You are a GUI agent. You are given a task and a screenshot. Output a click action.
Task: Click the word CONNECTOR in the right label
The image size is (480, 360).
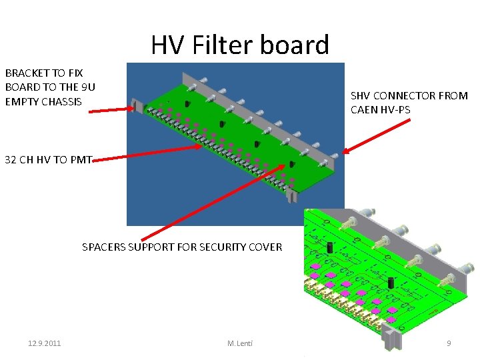[404, 95]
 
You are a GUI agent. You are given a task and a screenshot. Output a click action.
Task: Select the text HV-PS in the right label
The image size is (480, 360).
[395, 109]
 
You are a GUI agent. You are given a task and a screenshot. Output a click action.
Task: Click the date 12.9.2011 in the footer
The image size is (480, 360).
[44, 343]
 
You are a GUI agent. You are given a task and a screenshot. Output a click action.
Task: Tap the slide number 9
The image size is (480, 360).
[449, 343]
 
